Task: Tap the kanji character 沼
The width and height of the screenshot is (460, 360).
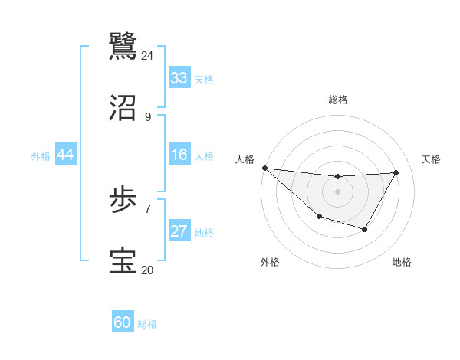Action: [x=123, y=108]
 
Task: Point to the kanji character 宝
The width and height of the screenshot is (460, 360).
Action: [x=123, y=260]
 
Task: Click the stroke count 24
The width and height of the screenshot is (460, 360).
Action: [x=147, y=56]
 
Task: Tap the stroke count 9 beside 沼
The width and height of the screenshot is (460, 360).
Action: [x=147, y=116]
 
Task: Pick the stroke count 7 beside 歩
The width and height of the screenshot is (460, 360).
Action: [x=147, y=208]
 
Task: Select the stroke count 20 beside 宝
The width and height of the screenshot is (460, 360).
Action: [x=147, y=269]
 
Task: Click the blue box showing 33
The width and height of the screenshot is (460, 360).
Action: [x=179, y=78]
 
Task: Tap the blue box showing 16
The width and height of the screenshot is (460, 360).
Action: [x=179, y=155]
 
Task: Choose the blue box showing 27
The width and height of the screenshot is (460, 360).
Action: [x=179, y=231]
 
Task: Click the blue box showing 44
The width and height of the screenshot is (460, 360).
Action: [x=65, y=155]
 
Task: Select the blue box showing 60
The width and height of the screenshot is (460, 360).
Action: [x=123, y=322]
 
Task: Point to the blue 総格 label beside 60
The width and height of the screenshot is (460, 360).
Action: [x=147, y=324]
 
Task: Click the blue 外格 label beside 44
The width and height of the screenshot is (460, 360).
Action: [x=41, y=155]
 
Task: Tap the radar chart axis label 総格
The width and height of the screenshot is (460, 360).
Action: [x=337, y=100]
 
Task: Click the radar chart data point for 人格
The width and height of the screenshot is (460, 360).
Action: [x=264, y=168]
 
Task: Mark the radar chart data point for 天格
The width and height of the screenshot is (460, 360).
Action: [x=396, y=172]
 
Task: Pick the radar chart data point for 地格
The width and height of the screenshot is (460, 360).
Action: [x=365, y=229]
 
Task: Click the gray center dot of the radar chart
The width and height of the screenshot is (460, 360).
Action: [x=337, y=191]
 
